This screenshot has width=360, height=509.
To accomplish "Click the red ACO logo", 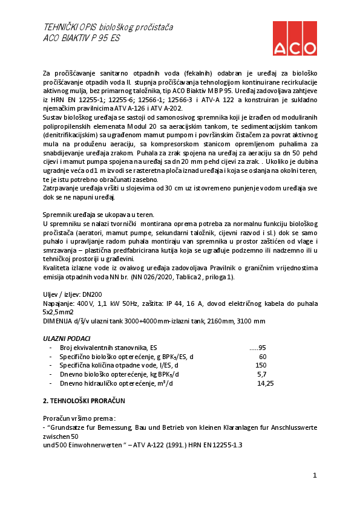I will (295, 38).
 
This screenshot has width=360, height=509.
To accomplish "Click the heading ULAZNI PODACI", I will (67, 339).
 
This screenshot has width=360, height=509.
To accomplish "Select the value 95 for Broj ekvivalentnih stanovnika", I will (262, 348).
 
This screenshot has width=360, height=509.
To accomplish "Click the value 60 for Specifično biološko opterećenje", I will (262, 357).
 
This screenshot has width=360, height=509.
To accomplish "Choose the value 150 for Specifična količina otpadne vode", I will (261, 365).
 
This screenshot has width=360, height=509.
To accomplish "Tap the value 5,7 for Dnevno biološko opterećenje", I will (262, 374).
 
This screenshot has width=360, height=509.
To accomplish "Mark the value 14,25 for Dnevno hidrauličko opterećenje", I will (266, 383).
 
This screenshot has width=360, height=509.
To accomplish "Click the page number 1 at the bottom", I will (315, 476).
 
